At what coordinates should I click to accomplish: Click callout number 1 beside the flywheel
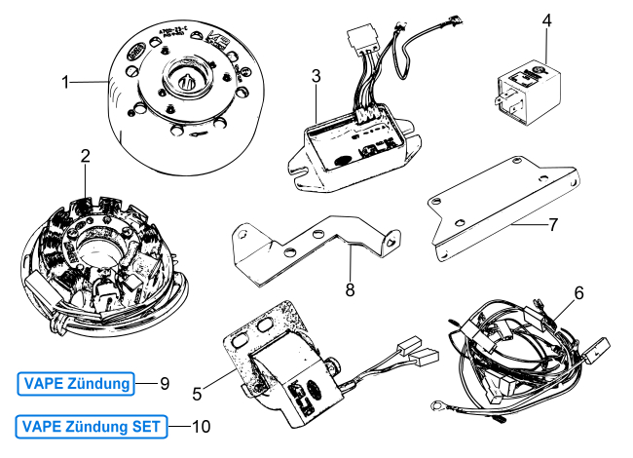66,83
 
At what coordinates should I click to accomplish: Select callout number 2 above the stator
86,156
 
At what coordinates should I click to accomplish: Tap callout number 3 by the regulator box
316,75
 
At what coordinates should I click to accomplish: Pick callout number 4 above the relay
547,19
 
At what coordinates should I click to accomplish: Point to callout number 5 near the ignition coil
198,394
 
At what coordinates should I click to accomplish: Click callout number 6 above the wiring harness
578,291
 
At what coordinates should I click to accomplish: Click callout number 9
165,384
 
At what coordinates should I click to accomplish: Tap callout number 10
202,426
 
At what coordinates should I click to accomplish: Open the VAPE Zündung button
75,384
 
